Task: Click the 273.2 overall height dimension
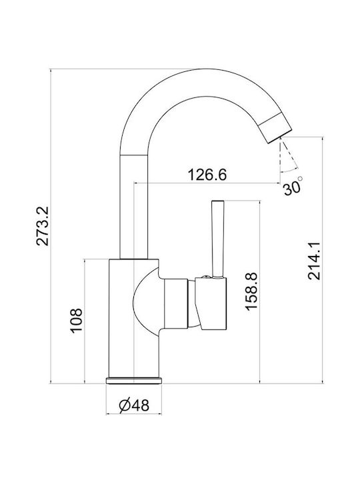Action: [42, 226]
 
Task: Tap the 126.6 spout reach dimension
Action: [207, 175]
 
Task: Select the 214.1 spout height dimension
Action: [314, 261]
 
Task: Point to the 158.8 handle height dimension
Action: [251, 291]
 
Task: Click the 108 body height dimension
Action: [76, 321]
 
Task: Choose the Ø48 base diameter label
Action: [134, 405]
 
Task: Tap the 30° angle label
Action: [293, 187]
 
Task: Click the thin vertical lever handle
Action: [217, 239]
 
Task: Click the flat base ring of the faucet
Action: [134, 381]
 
